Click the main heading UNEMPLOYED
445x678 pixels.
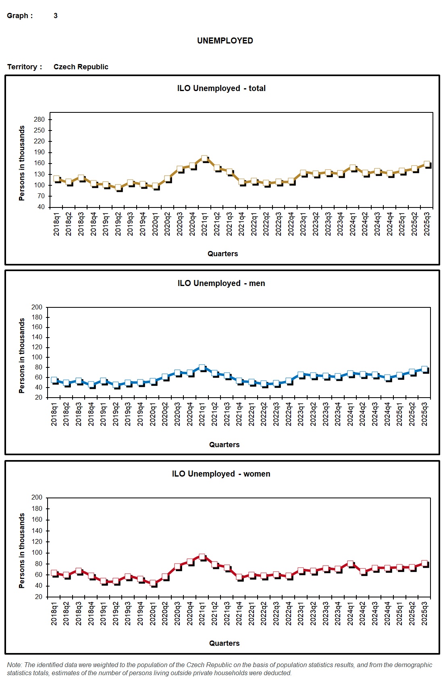pos(225,41)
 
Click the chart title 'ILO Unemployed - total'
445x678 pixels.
pos(221,88)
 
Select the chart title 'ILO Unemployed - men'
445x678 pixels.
pos(221,283)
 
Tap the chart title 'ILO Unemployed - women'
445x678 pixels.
pos(221,474)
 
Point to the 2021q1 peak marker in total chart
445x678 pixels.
pos(204,159)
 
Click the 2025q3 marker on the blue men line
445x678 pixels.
pos(424,369)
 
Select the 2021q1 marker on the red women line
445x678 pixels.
pos(202,557)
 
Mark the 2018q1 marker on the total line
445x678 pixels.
pos(56,179)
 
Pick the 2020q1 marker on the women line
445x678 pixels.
pos(153,583)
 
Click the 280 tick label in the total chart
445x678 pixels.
pos(40,120)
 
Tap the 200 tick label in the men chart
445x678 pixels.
pos(37,307)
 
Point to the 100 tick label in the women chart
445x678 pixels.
pos(37,553)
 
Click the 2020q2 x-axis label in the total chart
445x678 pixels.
pos(167,224)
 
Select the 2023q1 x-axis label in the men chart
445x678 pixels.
pos(301,414)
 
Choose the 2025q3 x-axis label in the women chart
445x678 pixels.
pos(424,614)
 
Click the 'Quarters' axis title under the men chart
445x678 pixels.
pos(224,445)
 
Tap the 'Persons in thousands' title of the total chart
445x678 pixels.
pos(22,163)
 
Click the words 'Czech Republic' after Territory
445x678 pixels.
pos(81,67)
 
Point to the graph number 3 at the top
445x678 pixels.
pos(56,16)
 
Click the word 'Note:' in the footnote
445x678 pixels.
pos(15,665)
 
